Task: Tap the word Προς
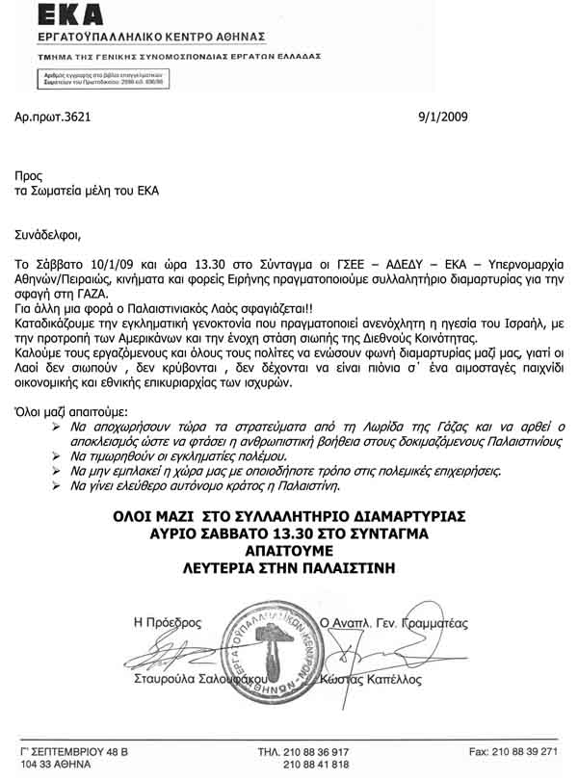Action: coord(29,175)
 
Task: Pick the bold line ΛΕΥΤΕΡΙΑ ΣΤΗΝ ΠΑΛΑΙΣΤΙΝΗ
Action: coord(288,568)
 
